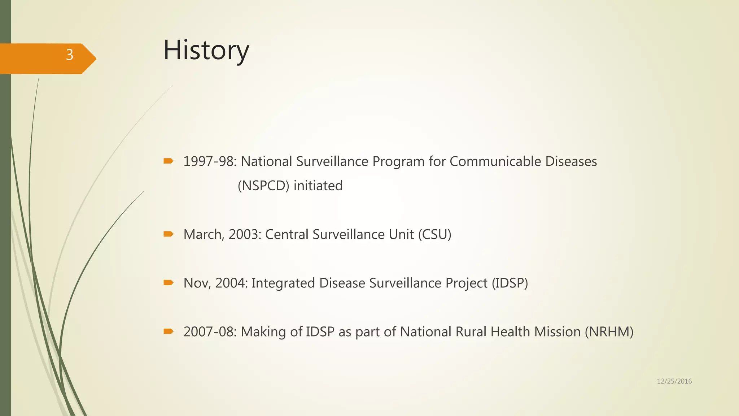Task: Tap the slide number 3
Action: (x=70, y=55)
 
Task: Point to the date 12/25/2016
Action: (x=674, y=381)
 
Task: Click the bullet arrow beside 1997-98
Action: (x=168, y=161)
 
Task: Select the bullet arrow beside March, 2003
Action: (x=168, y=234)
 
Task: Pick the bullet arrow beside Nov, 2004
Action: (x=168, y=283)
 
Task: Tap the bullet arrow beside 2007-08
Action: (x=168, y=331)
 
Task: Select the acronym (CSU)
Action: (x=435, y=234)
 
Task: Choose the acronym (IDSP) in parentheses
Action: (x=510, y=283)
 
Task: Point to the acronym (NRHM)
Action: (x=609, y=331)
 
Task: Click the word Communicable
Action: (x=495, y=161)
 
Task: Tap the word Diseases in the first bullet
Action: (x=571, y=161)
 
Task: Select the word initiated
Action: (x=318, y=186)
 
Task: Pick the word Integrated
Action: (x=283, y=283)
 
